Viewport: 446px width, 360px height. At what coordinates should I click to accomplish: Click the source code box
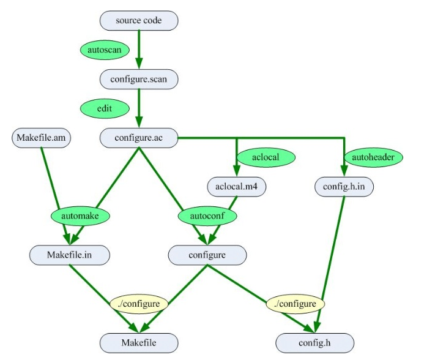(139, 20)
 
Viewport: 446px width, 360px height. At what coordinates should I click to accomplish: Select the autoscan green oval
(105, 50)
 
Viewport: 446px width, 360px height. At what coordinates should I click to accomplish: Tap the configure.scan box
(139, 79)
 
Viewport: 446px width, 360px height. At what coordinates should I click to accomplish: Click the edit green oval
(105, 108)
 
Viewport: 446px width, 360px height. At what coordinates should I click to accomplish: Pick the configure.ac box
(139, 138)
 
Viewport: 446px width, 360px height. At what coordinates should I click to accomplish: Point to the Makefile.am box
(42, 138)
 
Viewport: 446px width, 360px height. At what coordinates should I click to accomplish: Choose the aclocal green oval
(266, 157)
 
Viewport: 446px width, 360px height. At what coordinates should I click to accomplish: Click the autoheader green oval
(374, 157)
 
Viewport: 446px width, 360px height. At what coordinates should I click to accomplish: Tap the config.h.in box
(344, 187)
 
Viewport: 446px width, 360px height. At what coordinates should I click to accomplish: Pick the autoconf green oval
(207, 216)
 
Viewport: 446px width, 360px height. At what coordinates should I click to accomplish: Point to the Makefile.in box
(70, 255)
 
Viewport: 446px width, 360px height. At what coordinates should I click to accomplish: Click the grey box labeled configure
(207, 255)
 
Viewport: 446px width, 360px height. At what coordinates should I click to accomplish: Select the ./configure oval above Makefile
(139, 303)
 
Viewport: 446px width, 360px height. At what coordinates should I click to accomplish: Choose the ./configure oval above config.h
(295, 303)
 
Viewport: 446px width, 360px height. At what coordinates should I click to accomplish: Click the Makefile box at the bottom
(139, 342)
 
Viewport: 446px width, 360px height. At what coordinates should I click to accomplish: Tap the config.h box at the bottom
(314, 342)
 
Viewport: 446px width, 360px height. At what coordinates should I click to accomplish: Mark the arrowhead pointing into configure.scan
(139, 64)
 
